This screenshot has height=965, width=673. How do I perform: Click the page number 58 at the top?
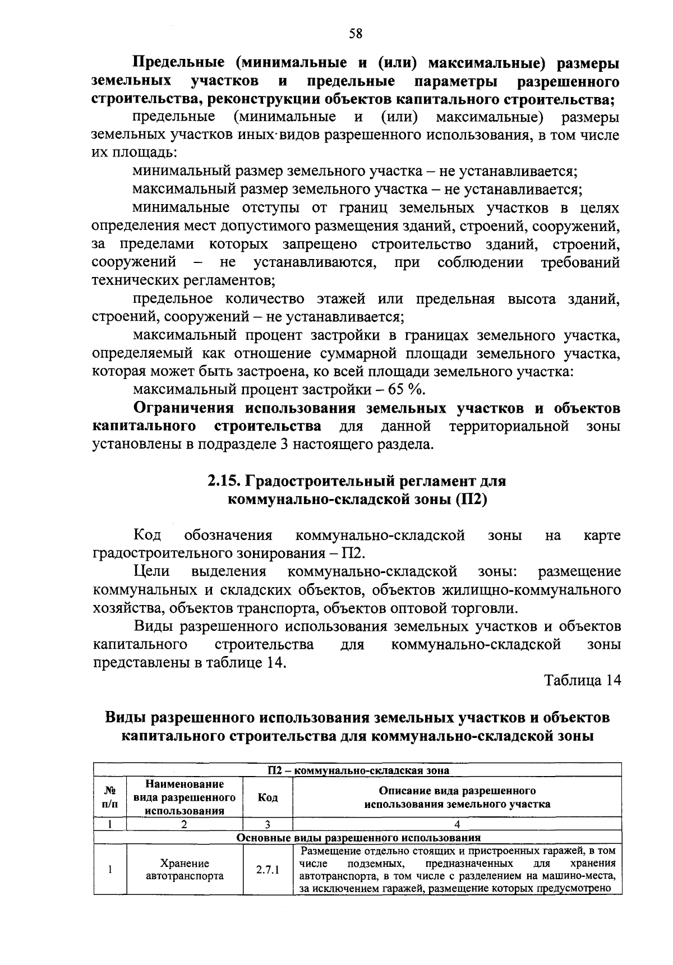click(x=356, y=34)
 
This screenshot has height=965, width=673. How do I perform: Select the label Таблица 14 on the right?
click(x=583, y=680)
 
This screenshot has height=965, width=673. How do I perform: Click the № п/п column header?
click(x=110, y=797)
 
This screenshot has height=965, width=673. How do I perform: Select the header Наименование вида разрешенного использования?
click(x=185, y=797)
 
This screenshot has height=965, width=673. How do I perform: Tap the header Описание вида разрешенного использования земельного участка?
click(x=457, y=797)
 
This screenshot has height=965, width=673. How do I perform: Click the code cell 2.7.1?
click(x=268, y=870)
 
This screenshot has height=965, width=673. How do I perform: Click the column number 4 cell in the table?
click(x=457, y=824)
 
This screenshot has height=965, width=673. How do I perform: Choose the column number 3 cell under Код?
click(x=268, y=824)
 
